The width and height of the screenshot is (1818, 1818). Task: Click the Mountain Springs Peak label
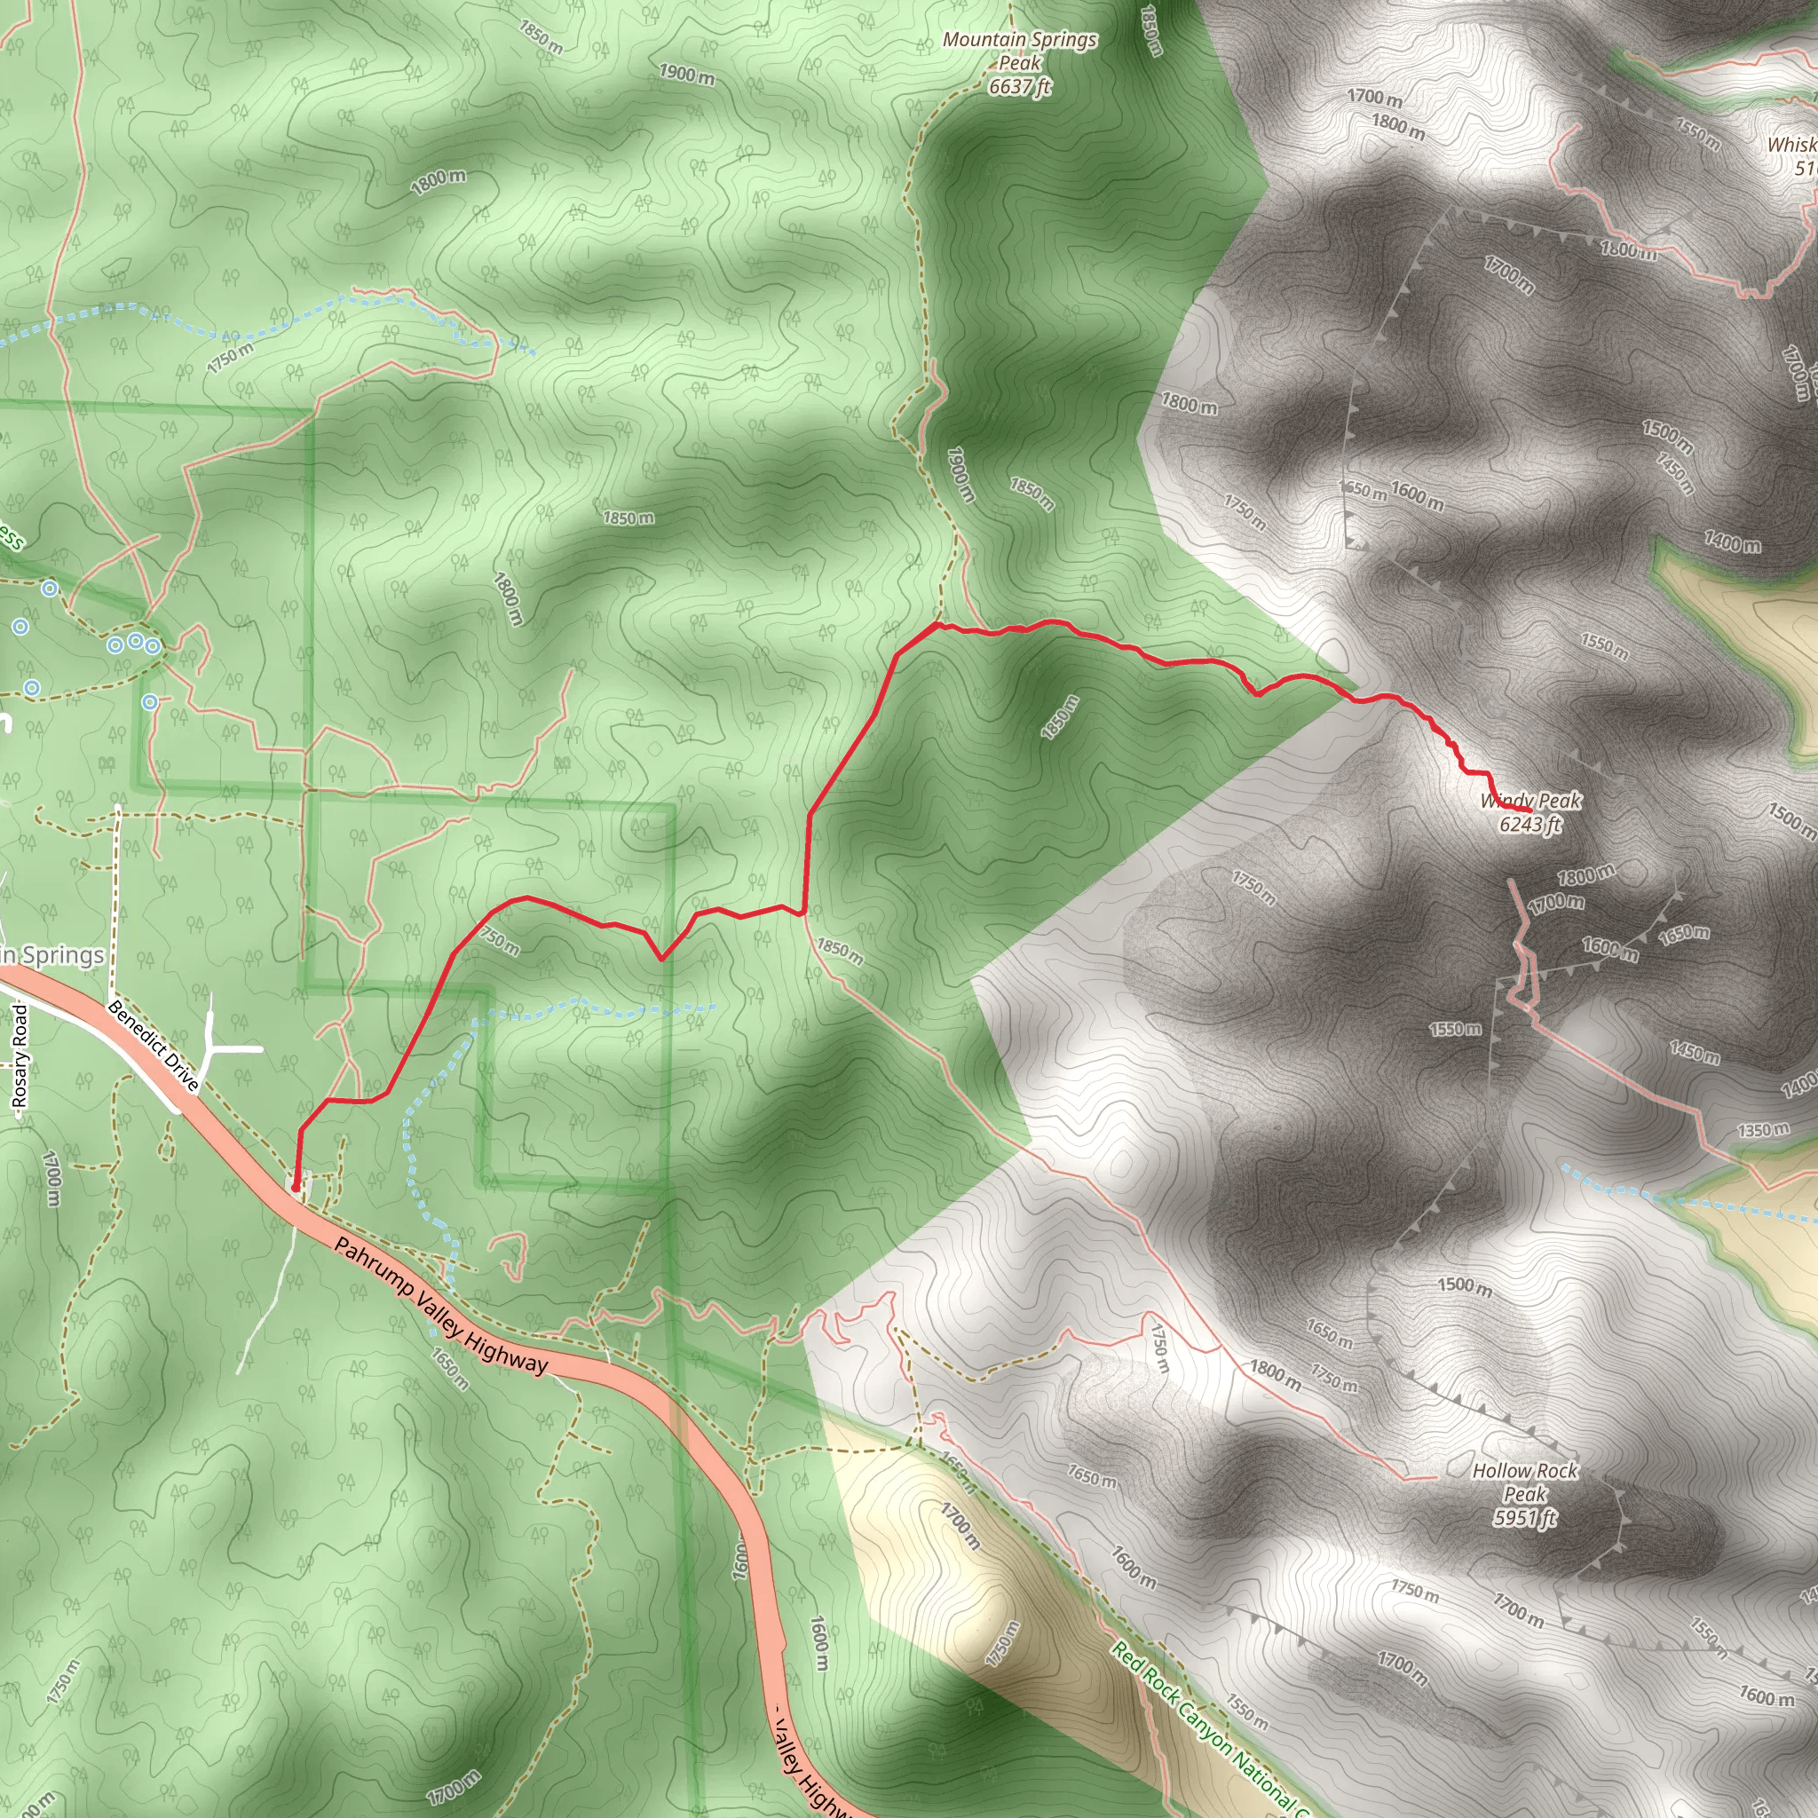pos(1019,51)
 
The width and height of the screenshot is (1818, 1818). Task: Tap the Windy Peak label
pos(1531,801)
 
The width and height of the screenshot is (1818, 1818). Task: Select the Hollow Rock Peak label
pos(1524,1482)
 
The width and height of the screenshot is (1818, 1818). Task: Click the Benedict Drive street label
pos(153,1046)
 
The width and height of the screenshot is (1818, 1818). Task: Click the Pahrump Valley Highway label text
pos(440,1306)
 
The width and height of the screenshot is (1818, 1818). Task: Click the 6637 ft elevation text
pos(1019,88)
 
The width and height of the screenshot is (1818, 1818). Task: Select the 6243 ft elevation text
pos(1530,826)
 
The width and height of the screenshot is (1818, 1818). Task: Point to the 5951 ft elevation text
pos(1524,1517)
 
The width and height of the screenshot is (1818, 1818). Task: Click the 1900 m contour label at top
pos(686,74)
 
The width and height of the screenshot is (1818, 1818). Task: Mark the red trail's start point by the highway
pos(296,1188)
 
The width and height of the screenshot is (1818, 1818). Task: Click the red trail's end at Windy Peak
pos(1531,810)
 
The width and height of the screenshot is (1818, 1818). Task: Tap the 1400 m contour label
pos(1733,542)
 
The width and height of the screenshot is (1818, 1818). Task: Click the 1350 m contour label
pos(1762,1130)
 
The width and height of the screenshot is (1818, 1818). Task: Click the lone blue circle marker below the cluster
pos(150,702)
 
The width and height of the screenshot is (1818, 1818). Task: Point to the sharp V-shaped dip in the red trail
pos(661,959)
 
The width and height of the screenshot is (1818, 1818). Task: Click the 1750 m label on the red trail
pos(499,938)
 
